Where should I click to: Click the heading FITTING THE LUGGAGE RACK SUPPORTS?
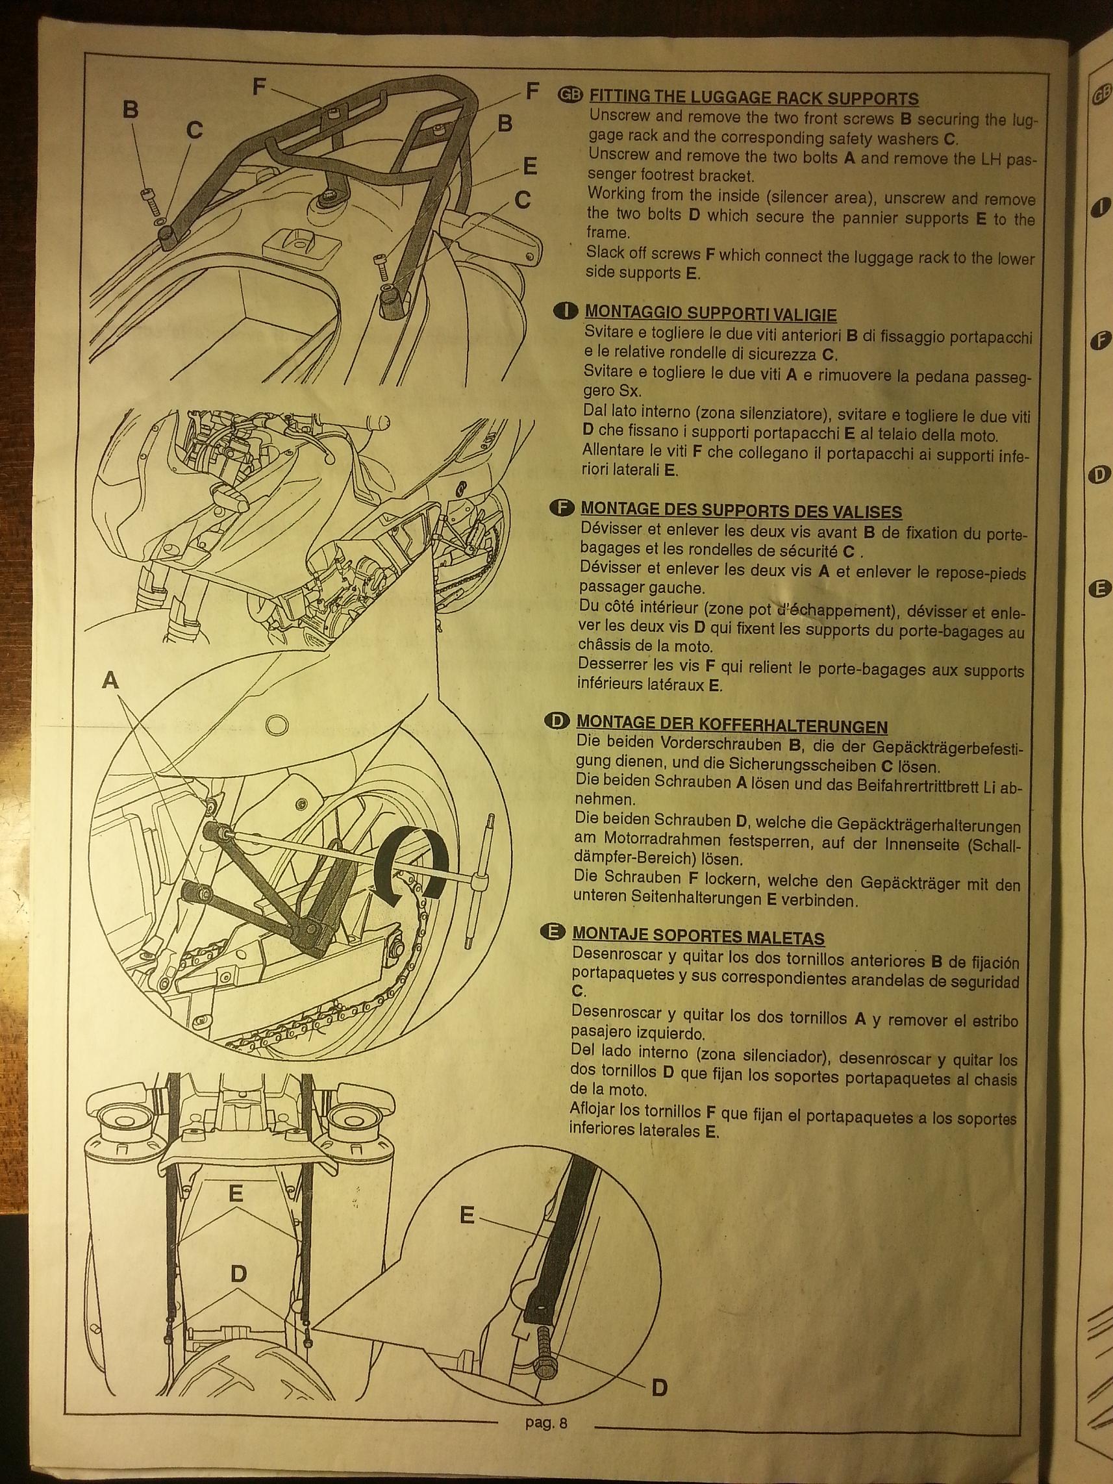coord(753,99)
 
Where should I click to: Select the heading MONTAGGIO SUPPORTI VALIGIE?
coord(710,313)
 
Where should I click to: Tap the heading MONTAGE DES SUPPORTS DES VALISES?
coord(742,511)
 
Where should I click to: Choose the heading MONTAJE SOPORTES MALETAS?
coord(699,937)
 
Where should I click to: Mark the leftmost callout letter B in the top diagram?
coord(131,109)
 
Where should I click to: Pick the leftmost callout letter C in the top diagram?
coord(194,131)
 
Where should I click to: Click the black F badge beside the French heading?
coord(562,508)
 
